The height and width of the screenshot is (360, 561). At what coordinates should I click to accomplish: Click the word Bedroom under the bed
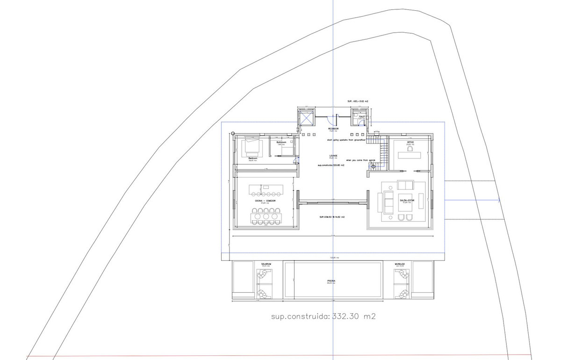(x=253, y=158)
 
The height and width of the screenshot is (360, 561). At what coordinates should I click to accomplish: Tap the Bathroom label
(x=281, y=142)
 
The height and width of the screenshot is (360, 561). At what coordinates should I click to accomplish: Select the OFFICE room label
(x=410, y=142)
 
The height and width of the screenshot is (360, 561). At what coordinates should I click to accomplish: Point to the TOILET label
(x=361, y=117)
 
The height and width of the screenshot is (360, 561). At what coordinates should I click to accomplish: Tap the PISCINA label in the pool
(x=331, y=281)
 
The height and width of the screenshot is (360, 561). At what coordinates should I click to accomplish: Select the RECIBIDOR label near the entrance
(x=333, y=129)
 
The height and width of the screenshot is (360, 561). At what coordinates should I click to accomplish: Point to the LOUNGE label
(x=333, y=156)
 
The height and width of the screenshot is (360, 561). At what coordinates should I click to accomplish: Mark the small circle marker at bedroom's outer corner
(x=233, y=133)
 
